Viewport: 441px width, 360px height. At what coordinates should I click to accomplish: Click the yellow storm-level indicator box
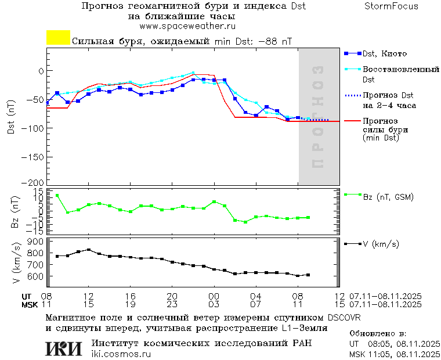(x=58, y=38)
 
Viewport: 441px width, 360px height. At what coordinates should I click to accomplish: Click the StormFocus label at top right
(x=391, y=6)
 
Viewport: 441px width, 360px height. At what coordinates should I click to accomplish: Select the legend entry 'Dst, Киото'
(x=385, y=54)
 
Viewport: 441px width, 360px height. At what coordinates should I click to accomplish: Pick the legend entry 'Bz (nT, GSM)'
(x=388, y=197)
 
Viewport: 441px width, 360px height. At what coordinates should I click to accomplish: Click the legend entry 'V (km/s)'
(x=381, y=244)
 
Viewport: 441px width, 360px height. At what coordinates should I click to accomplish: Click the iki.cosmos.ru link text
(x=121, y=354)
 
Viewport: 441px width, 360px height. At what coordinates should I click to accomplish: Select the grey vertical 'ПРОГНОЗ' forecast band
(x=319, y=116)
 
